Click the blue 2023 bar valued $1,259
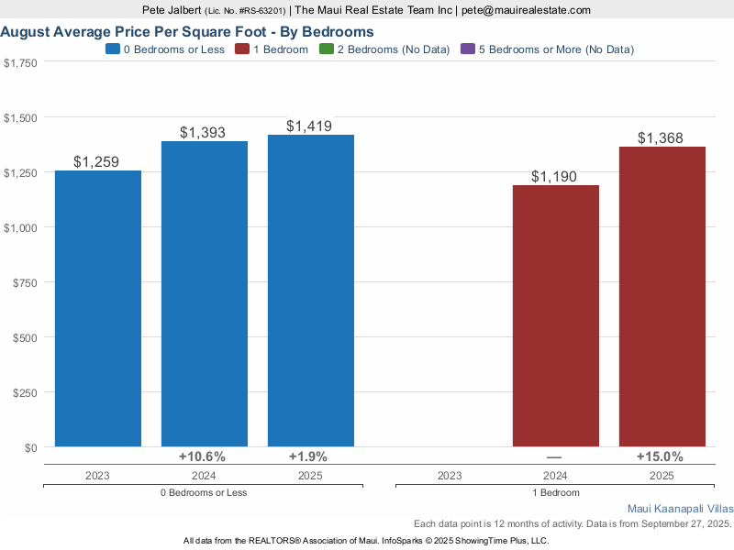click(x=98, y=309)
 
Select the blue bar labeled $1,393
click(x=205, y=294)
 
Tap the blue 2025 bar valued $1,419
click(x=311, y=291)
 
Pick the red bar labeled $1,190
click(x=555, y=316)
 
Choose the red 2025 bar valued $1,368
click(x=662, y=297)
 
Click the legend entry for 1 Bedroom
click(x=274, y=49)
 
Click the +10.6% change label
click(x=202, y=456)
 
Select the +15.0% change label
click(x=660, y=456)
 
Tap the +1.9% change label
click(x=307, y=456)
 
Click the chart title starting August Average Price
click(x=187, y=31)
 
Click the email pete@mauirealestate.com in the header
click(x=525, y=10)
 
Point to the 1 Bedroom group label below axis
click(x=555, y=492)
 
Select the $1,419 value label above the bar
click(x=309, y=126)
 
